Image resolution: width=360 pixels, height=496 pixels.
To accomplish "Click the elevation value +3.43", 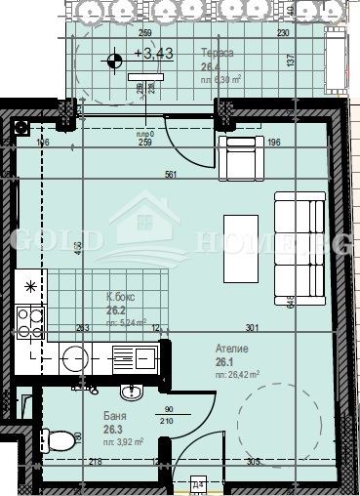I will (x=156, y=55).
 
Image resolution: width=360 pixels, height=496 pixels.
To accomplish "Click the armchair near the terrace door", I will (x=239, y=159).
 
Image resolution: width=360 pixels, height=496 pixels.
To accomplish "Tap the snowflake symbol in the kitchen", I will (x=30, y=287).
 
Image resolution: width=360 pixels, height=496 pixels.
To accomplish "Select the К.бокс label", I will (x=122, y=300).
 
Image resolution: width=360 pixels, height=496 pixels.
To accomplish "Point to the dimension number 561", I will (x=173, y=177).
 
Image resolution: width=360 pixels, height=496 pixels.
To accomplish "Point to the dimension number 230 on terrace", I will (x=282, y=33).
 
